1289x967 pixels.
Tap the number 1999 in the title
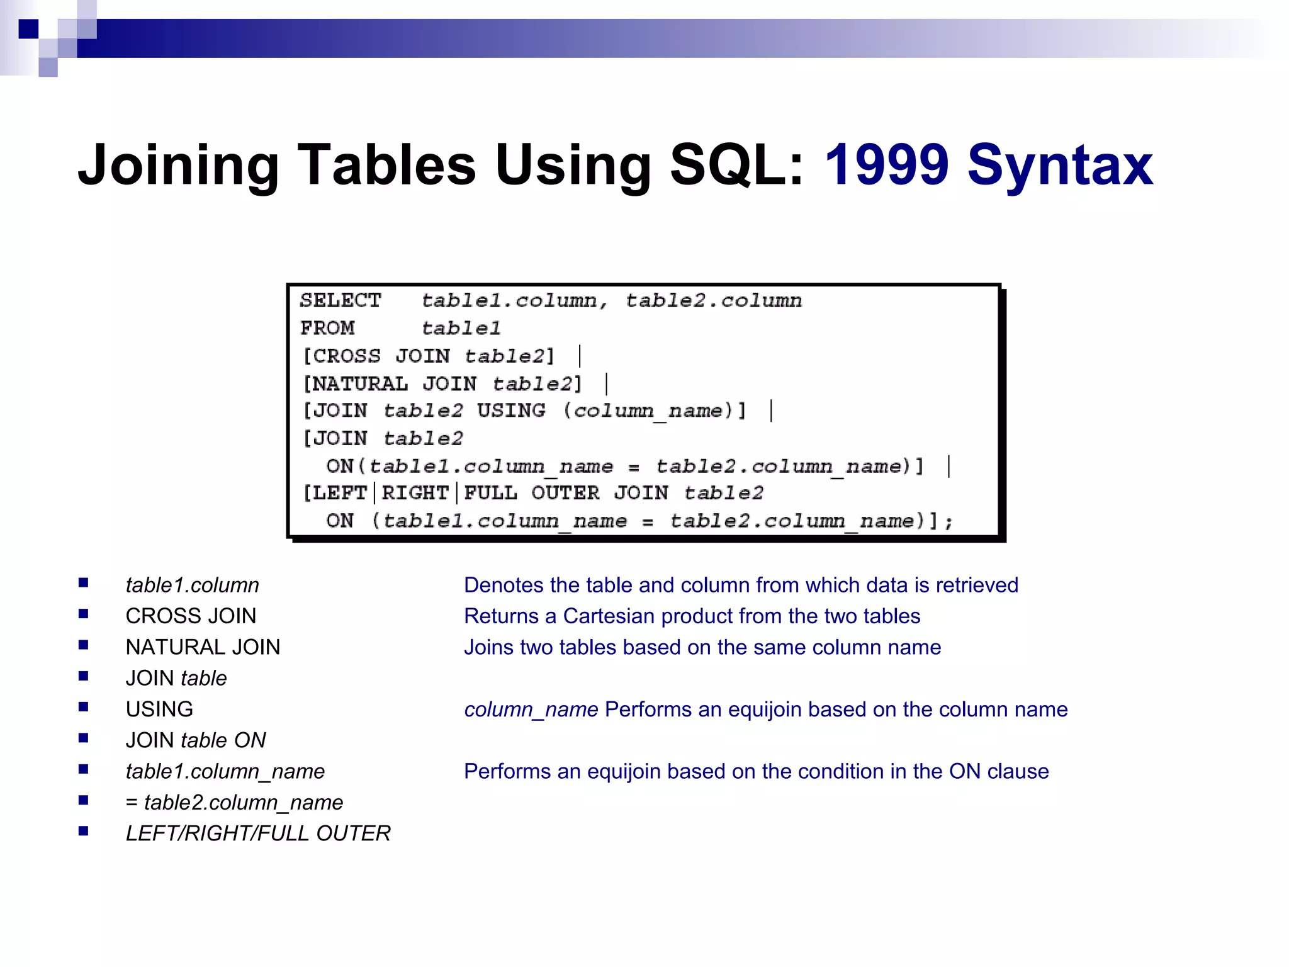tap(886, 165)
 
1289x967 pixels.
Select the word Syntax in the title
tap(1060, 165)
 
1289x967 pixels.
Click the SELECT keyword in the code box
tap(341, 300)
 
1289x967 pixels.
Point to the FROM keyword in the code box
tap(327, 328)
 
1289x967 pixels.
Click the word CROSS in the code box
tap(347, 356)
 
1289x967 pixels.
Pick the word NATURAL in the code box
tap(361, 383)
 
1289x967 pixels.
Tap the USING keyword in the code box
tap(511, 410)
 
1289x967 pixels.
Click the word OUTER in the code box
tap(565, 493)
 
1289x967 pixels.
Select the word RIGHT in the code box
tap(415, 493)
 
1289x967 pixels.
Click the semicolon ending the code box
tap(949, 521)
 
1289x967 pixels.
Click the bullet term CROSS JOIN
tap(191, 616)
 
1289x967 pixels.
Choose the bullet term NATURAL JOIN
tap(203, 647)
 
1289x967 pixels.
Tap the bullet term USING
tap(159, 709)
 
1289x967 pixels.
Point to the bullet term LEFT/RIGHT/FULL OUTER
tap(258, 833)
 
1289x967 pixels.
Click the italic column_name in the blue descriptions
tap(531, 710)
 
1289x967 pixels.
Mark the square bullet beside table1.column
tap(84, 583)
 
